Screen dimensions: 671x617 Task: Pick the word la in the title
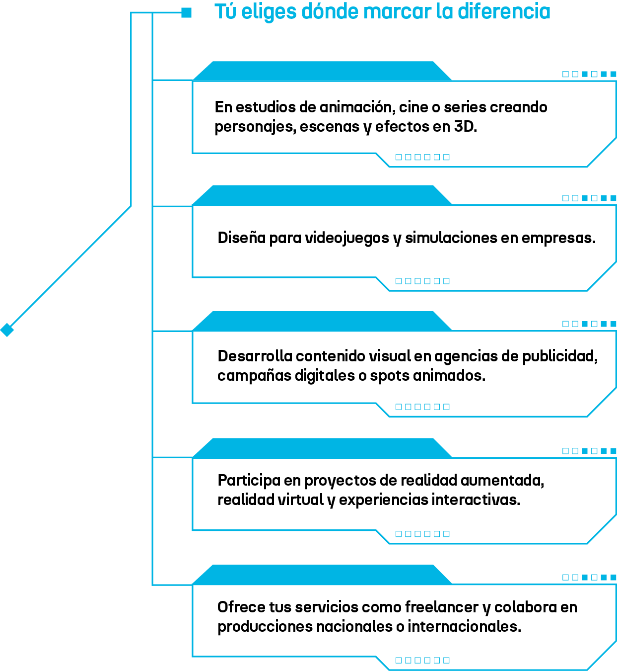[445, 11]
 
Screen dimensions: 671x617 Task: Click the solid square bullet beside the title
[186, 13]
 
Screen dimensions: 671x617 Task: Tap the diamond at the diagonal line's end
[7, 330]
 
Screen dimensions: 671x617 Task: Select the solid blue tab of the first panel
[322, 71]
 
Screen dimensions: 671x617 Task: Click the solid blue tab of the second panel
[322, 195]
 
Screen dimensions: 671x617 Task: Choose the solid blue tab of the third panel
[322, 321]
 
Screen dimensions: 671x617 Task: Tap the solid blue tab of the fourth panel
[322, 448]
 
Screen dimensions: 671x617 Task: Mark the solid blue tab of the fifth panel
[322, 575]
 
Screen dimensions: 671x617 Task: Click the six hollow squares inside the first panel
[422, 157]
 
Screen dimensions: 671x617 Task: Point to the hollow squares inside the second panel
[422, 281]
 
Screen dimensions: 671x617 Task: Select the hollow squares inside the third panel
[422, 407]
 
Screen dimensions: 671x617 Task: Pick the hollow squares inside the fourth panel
[422, 534]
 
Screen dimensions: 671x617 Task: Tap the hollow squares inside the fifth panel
[422, 660]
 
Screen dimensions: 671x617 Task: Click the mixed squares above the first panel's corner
[589, 74]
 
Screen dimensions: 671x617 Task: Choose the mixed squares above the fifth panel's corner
[589, 577]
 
